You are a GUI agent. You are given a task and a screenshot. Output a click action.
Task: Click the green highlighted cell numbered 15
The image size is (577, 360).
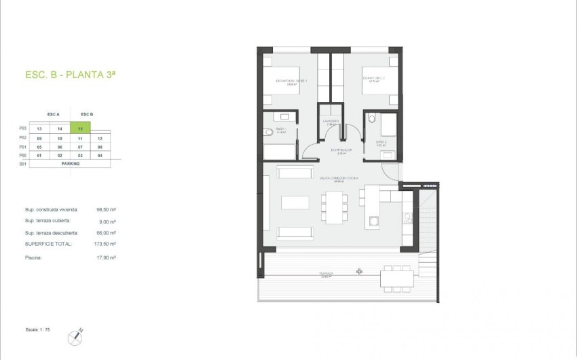coord(80,128)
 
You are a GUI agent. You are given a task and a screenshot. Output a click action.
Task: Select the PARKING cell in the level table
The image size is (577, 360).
coord(70,164)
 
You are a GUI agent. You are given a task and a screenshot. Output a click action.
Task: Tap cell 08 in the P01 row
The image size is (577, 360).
coord(100,146)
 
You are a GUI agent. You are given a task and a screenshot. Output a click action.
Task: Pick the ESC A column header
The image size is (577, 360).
coord(54,114)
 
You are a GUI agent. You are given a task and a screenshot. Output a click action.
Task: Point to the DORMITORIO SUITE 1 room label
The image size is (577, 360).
coord(291,82)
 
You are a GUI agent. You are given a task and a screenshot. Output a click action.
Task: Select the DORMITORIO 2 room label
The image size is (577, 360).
coord(374,79)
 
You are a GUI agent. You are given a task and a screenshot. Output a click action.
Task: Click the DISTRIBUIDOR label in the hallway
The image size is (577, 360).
coord(341,149)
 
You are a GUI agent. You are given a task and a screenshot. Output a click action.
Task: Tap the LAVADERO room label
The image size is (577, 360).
coord(332,122)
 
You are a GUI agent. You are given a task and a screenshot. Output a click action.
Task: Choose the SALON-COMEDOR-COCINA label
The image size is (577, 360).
coord(333,178)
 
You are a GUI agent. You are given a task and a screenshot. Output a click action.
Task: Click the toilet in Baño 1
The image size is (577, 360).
coord(269,132)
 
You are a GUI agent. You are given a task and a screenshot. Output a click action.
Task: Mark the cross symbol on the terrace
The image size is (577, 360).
coord(359,272)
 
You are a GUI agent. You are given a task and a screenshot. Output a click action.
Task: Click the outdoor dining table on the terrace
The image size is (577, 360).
coord(396,278)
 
